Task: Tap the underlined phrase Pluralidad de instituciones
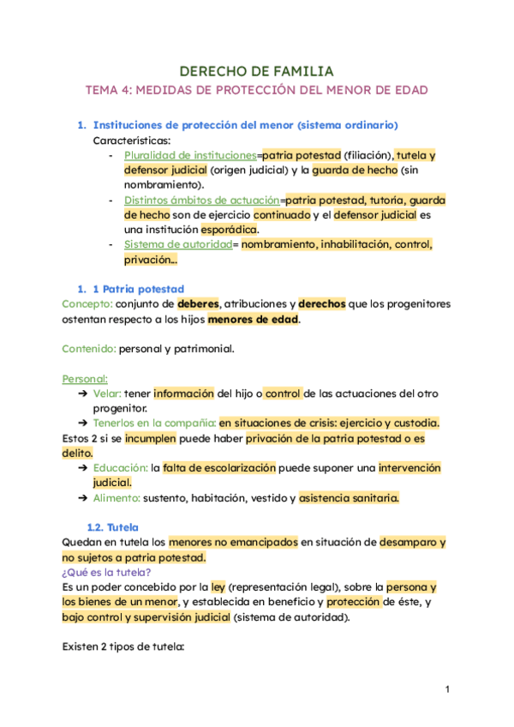190,155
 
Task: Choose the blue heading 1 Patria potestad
138,289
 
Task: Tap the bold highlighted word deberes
199,304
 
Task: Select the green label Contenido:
89,349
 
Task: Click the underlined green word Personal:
85,378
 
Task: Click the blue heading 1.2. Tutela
113,527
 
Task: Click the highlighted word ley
218,587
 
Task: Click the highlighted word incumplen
152,438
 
